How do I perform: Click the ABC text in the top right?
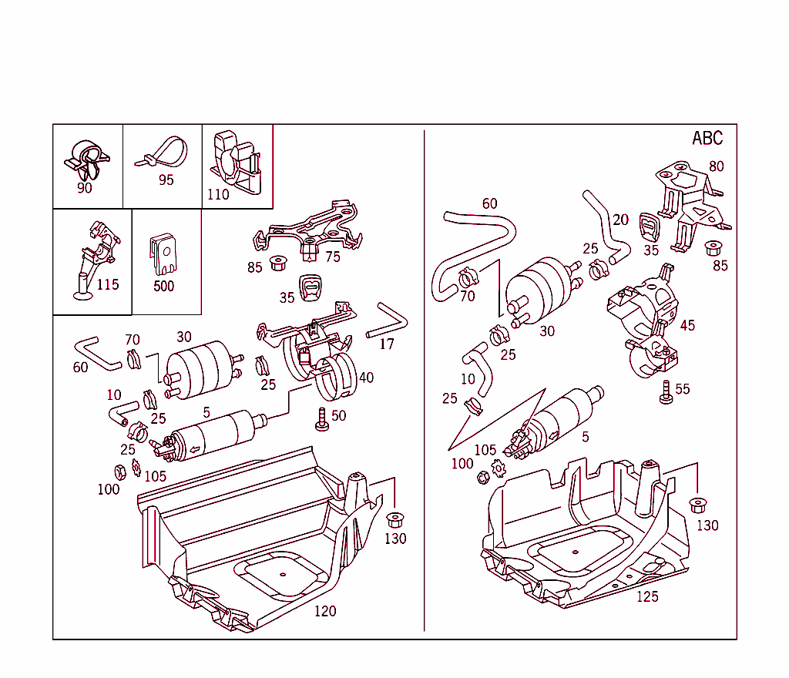(x=707, y=139)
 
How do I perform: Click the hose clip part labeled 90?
(x=84, y=158)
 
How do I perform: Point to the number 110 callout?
(x=218, y=195)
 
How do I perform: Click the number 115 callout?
(x=108, y=284)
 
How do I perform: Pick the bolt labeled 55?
(x=663, y=392)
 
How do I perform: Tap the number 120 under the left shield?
(x=325, y=611)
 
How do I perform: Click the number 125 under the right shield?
(x=647, y=596)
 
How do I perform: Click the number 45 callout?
(x=687, y=325)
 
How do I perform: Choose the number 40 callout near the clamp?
(x=366, y=378)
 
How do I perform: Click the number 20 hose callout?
(x=620, y=220)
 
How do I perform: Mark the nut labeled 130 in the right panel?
(x=698, y=506)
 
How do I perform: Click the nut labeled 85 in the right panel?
(x=712, y=248)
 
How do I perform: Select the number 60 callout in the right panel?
(x=489, y=204)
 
